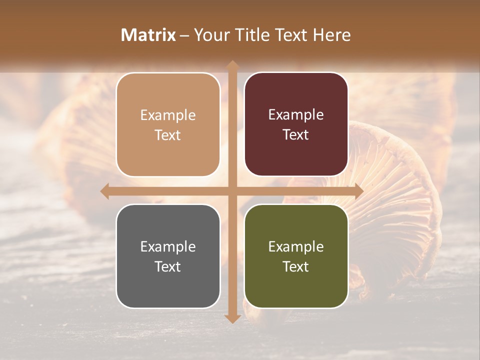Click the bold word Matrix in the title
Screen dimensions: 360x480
[148, 35]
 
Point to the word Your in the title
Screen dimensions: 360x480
[210, 35]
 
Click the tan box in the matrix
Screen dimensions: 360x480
[168, 124]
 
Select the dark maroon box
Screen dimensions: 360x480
[296, 124]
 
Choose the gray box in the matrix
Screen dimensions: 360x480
[168, 256]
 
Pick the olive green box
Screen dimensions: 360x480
[296, 256]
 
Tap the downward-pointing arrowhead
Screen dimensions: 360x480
[232, 318]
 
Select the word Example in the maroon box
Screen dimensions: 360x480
[296, 115]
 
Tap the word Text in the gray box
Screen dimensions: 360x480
[168, 266]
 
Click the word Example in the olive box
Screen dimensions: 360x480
[296, 246]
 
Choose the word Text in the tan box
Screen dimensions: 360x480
[168, 135]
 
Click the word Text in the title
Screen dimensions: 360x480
[290, 35]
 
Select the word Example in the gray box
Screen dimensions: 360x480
[168, 246]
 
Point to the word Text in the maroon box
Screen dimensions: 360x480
[296, 135]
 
